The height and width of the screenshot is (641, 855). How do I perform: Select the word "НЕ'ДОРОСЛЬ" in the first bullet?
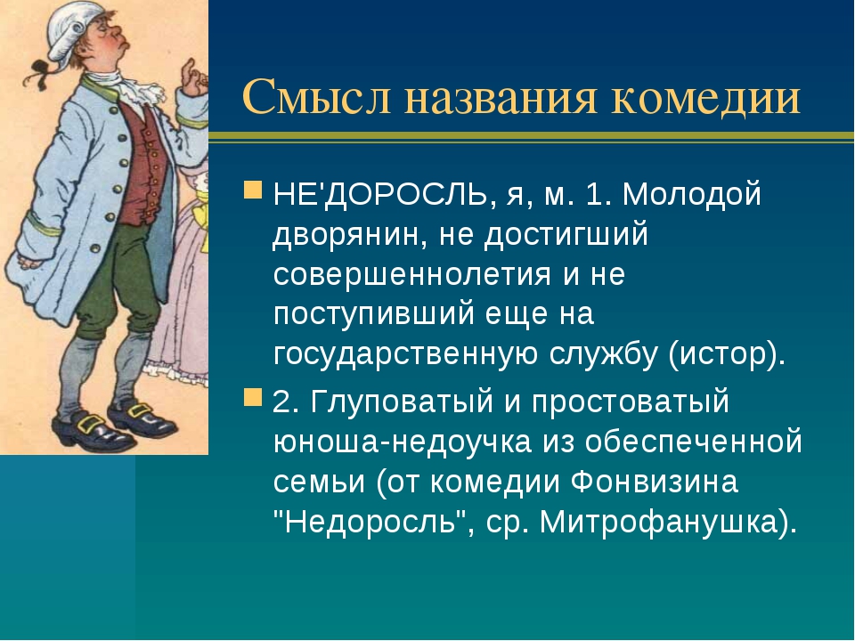click(x=380, y=195)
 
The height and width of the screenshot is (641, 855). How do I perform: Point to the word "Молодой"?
click(x=691, y=194)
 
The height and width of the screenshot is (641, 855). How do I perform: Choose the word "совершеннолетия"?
click(x=412, y=274)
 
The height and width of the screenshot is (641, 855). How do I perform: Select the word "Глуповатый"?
click(x=402, y=402)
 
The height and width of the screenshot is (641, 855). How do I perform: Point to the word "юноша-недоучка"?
click(x=403, y=442)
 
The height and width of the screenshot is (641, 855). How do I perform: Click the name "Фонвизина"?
click(x=655, y=483)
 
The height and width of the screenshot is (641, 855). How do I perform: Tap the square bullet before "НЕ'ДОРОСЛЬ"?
click(x=253, y=191)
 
